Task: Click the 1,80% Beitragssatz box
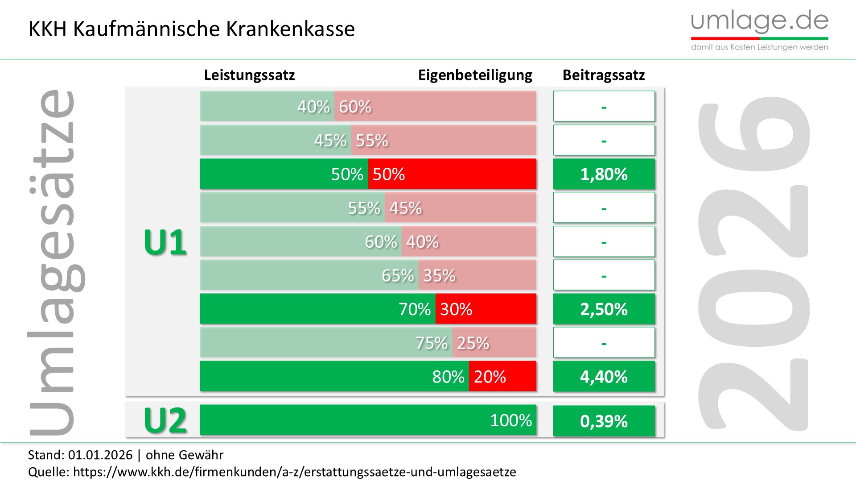pyautogui.click(x=604, y=174)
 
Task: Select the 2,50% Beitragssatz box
pyautogui.click(x=604, y=309)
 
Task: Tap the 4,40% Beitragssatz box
pyautogui.click(x=604, y=377)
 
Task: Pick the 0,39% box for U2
pyautogui.click(x=604, y=421)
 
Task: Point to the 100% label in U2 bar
pyautogui.click(x=511, y=420)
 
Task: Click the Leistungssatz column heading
pyautogui.click(x=249, y=75)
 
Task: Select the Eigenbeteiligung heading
pyautogui.click(x=475, y=75)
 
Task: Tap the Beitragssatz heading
pyautogui.click(x=604, y=75)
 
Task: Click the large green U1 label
pyautogui.click(x=165, y=242)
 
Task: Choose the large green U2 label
pyautogui.click(x=165, y=420)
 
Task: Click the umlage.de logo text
pyautogui.click(x=759, y=21)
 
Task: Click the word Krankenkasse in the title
pyautogui.click(x=290, y=29)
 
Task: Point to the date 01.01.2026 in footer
pyautogui.click(x=100, y=455)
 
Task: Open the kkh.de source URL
pyautogui.click(x=294, y=472)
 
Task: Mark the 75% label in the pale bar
pyautogui.click(x=431, y=343)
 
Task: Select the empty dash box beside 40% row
pyautogui.click(x=604, y=106)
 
